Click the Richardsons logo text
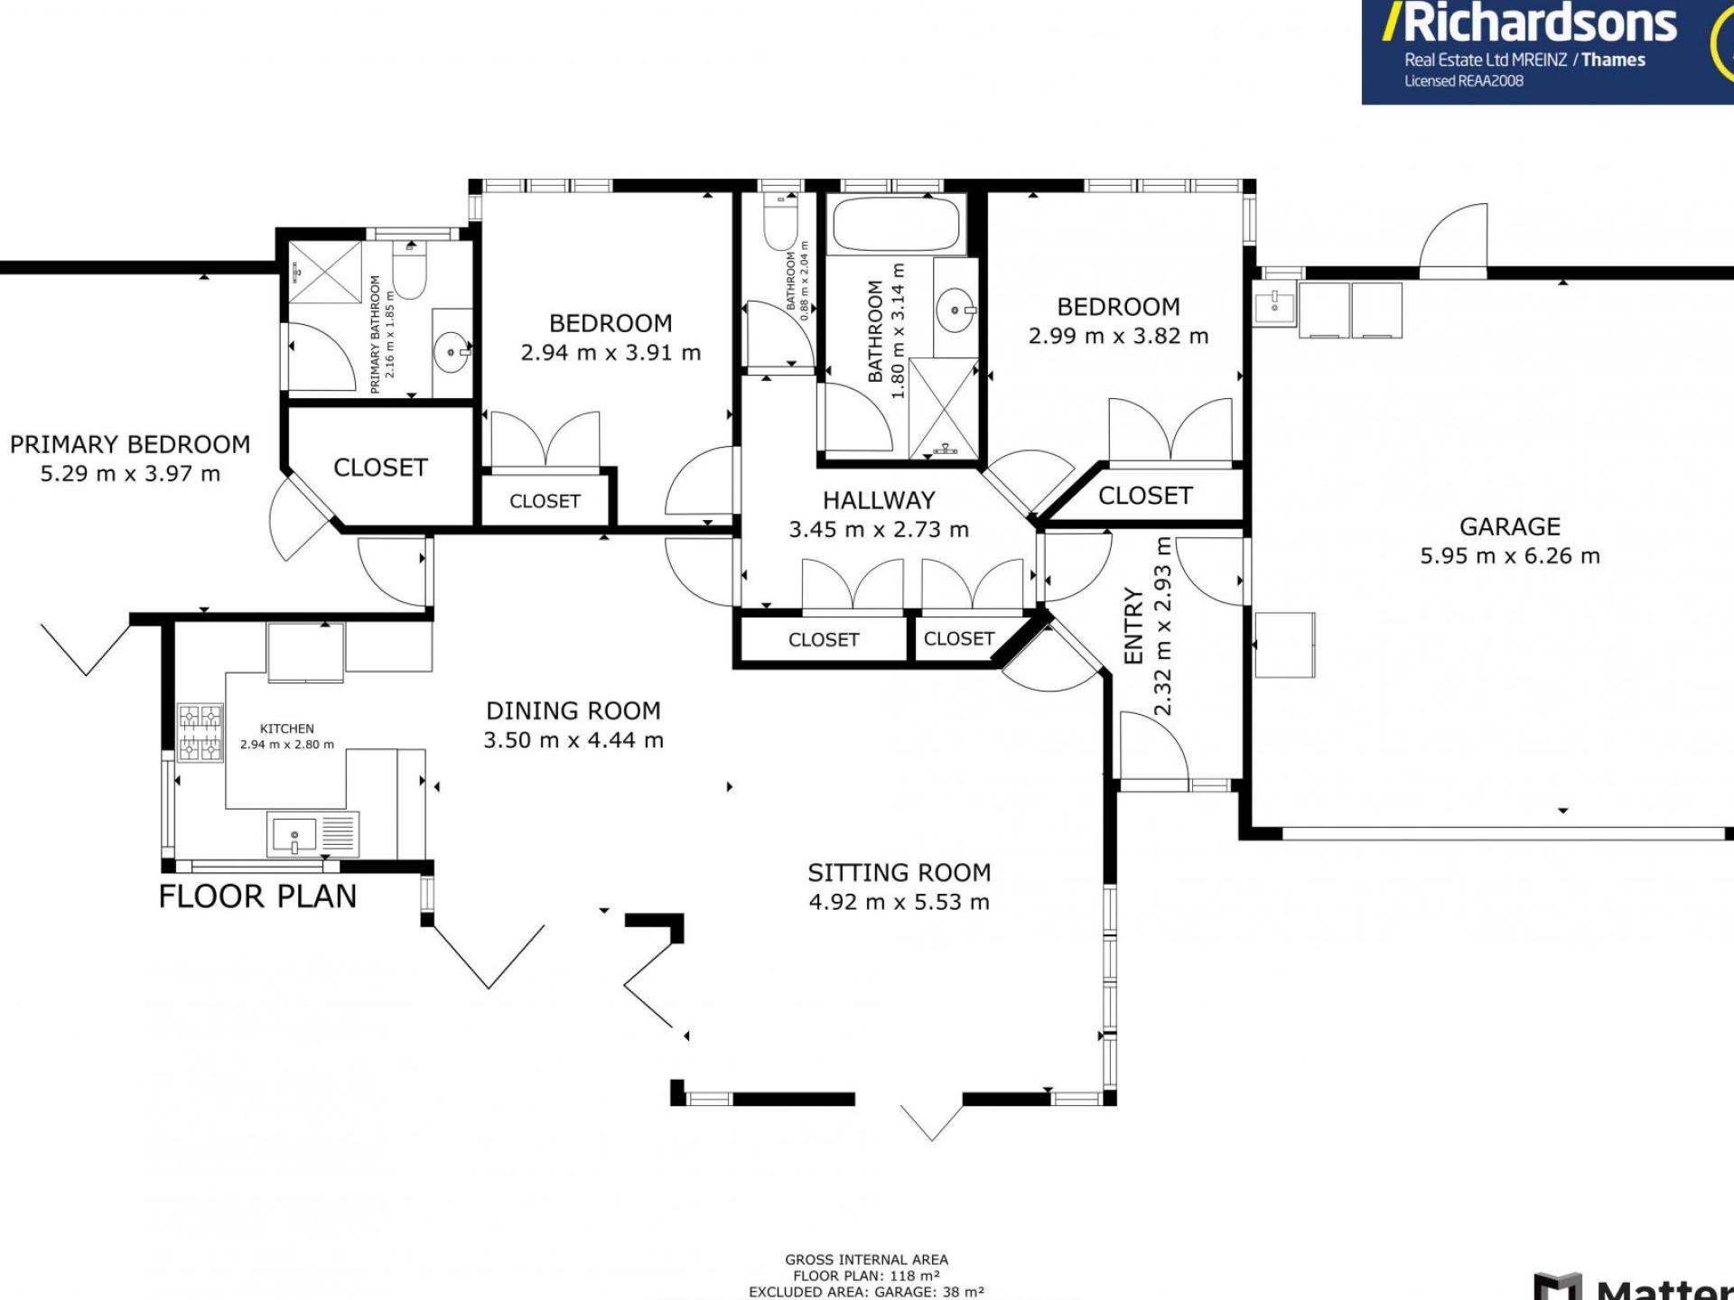[1539, 23]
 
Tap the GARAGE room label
[1509, 526]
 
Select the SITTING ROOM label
[899, 873]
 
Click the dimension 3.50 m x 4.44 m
[573, 740]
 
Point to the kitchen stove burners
[200, 733]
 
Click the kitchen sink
[294, 835]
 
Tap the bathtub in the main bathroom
[895, 224]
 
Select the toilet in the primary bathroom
[410, 271]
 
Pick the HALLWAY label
[878, 500]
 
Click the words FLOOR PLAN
[257, 896]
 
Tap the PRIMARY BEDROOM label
[130, 445]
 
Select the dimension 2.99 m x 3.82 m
[1118, 336]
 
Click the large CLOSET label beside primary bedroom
[380, 468]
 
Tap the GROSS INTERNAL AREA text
[866, 1259]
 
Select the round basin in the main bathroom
[955, 310]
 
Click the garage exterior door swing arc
[1454, 237]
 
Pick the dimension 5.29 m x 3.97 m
[130, 474]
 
